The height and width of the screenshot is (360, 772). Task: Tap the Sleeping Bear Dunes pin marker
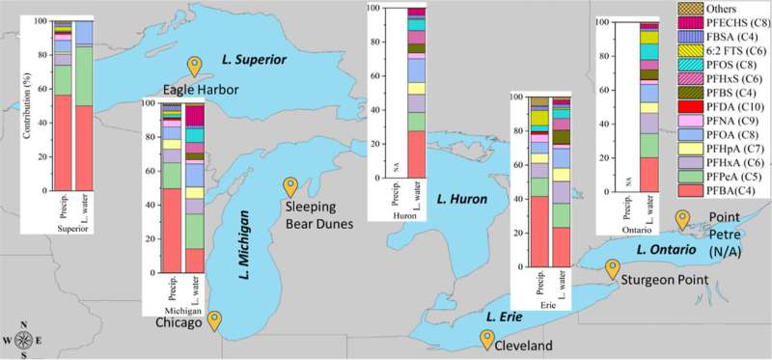tap(289, 186)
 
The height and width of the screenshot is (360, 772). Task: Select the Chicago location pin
tap(214, 320)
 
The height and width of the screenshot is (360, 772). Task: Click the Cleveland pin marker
tap(488, 338)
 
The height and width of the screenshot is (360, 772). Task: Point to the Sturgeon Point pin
tap(612, 267)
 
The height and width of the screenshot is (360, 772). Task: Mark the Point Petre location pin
tap(683, 220)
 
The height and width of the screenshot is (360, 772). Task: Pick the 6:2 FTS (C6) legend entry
tap(734, 47)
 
